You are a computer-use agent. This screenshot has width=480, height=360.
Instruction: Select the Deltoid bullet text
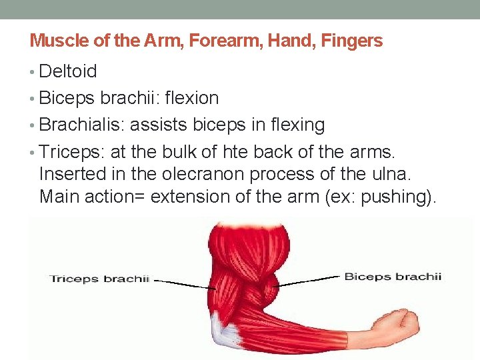[x=68, y=71]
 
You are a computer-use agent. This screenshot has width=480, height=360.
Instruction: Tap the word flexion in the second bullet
[x=191, y=98]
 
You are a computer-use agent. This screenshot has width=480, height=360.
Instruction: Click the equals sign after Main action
[x=149, y=197]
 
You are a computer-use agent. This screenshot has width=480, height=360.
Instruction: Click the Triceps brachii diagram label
[x=99, y=279]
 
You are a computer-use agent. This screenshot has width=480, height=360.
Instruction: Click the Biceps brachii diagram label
[x=392, y=276]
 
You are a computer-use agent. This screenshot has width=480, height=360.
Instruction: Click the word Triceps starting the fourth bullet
[x=68, y=151]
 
